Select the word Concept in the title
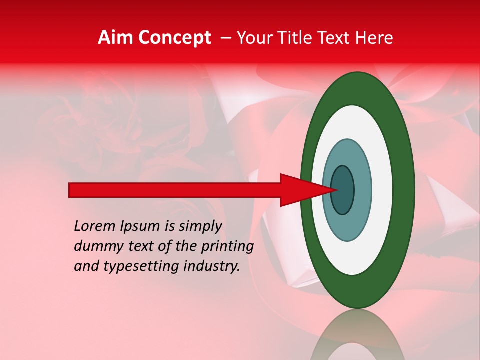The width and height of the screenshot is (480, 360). point(174,38)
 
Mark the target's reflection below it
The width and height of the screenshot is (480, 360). point(358,337)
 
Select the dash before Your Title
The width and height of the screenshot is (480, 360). point(226,38)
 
